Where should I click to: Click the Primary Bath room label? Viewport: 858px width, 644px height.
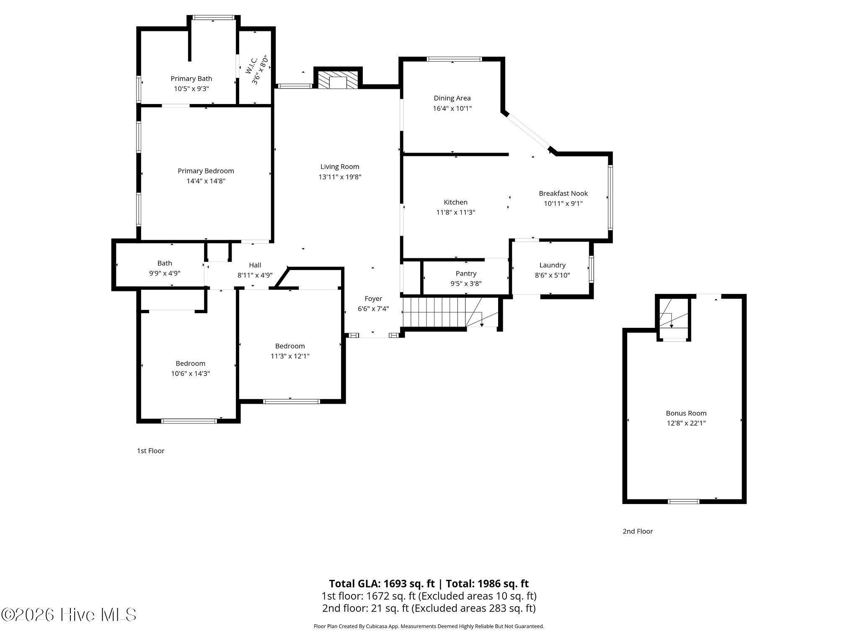(191, 78)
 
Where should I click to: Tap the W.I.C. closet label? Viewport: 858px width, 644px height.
(252, 66)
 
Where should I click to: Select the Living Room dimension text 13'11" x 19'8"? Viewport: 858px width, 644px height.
(340, 177)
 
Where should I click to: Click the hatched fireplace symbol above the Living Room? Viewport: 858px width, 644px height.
(338, 80)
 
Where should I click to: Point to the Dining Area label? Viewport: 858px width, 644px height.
(452, 98)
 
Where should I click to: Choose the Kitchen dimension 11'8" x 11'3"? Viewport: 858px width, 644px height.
(455, 212)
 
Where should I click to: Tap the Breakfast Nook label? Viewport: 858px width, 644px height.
(563, 193)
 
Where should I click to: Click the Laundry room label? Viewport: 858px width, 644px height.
(552, 265)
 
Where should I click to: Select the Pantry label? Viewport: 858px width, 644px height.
(466, 273)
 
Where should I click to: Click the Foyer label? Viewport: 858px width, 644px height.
(373, 299)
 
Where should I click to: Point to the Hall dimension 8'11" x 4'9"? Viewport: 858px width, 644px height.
(255, 275)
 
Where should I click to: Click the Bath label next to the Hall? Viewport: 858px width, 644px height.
(165, 263)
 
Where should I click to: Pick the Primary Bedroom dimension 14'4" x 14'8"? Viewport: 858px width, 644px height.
(206, 181)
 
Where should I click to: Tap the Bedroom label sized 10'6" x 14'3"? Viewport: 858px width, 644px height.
(191, 364)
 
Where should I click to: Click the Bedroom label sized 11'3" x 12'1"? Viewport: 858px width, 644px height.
(290, 346)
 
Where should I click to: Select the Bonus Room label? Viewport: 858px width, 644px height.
(686, 413)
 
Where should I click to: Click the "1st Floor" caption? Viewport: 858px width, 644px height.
(151, 451)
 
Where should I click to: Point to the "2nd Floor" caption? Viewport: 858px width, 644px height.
(638, 531)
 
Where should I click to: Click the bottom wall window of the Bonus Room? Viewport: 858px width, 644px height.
(684, 501)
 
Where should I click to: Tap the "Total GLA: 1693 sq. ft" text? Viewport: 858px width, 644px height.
(382, 584)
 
